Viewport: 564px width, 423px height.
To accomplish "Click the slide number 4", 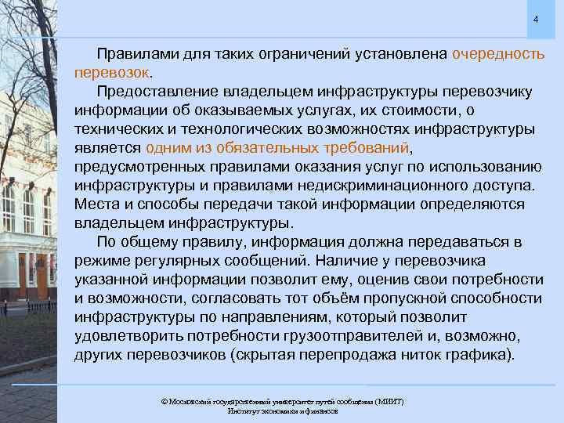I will pyautogui.click(x=536, y=19).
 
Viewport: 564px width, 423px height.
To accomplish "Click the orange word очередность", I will pyautogui.click(x=498, y=54).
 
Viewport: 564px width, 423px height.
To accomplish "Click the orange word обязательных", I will pyautogui.click(x=256, y=148).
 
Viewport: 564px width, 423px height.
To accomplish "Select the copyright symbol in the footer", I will pyautogui.click(x=164, y=402).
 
